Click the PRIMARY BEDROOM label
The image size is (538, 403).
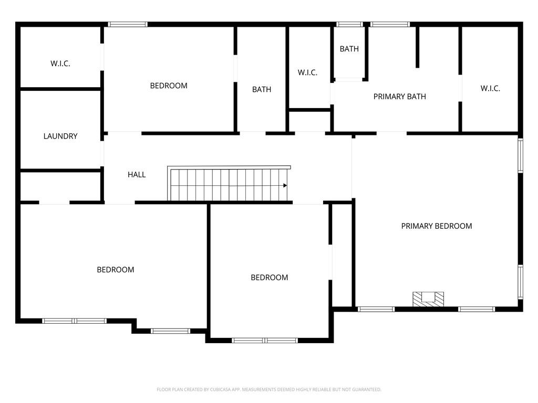[x=436, y=226]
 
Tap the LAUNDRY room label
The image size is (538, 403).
[x=60, y=136]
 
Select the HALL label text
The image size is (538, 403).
[x=137, y=175]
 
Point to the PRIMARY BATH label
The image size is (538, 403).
[x=399, y=97]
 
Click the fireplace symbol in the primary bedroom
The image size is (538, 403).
[x=428, y=299]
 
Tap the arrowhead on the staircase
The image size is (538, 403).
[x=285, y=185]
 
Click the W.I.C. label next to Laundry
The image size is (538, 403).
[x=60, y=63]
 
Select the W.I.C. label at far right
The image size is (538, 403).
[x=490, y=89]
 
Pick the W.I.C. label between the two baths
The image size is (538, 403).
[x=307, y=72]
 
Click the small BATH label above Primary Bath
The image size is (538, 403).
[x=349, y=49]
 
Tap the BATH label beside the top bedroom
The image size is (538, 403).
[x=262, y=90]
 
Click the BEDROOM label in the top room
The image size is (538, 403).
[x=169, y=86]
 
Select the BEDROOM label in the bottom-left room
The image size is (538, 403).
[x=116, y=270]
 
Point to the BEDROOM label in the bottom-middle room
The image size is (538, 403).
[x=269, y=278]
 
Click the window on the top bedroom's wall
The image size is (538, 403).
[x=128, y=24]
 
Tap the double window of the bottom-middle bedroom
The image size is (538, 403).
[x=265, y=341]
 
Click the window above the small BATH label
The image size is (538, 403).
[x=349, y=24]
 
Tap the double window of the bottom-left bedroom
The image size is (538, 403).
[x=75, y=321]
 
